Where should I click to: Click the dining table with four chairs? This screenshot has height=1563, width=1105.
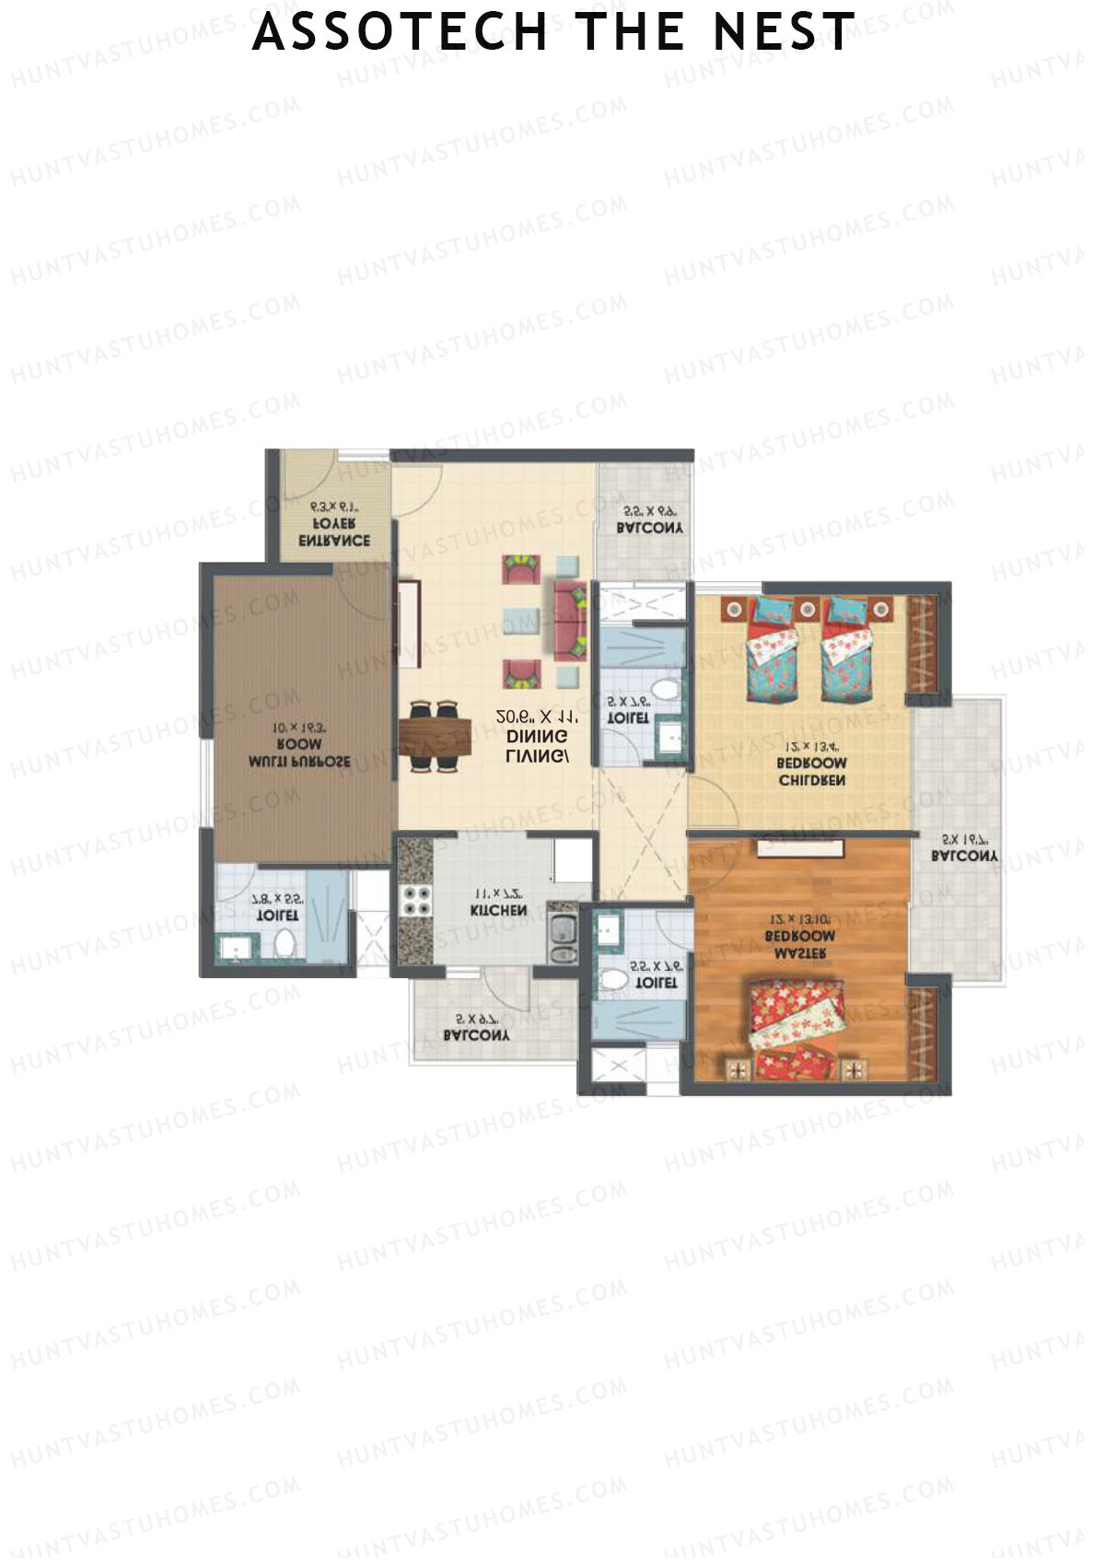point(435,737)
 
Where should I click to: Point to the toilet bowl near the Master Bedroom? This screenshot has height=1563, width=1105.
point(611,980)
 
